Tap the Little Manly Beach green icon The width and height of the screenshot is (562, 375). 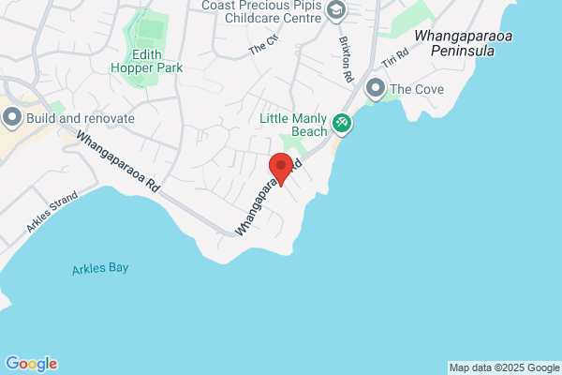[x=342, y=122]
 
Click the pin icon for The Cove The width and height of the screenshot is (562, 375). [x=377, y=89]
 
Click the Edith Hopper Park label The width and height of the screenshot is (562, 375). [x=145, y=61]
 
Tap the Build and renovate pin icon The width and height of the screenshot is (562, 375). [x=13, y=118]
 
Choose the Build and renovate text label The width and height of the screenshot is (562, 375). [x=81, y=119]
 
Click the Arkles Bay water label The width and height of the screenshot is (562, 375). [x=99, y=269]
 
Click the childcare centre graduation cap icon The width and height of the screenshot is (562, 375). [x=336, y=10]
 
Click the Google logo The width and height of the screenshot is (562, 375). [x=31, y=364]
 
